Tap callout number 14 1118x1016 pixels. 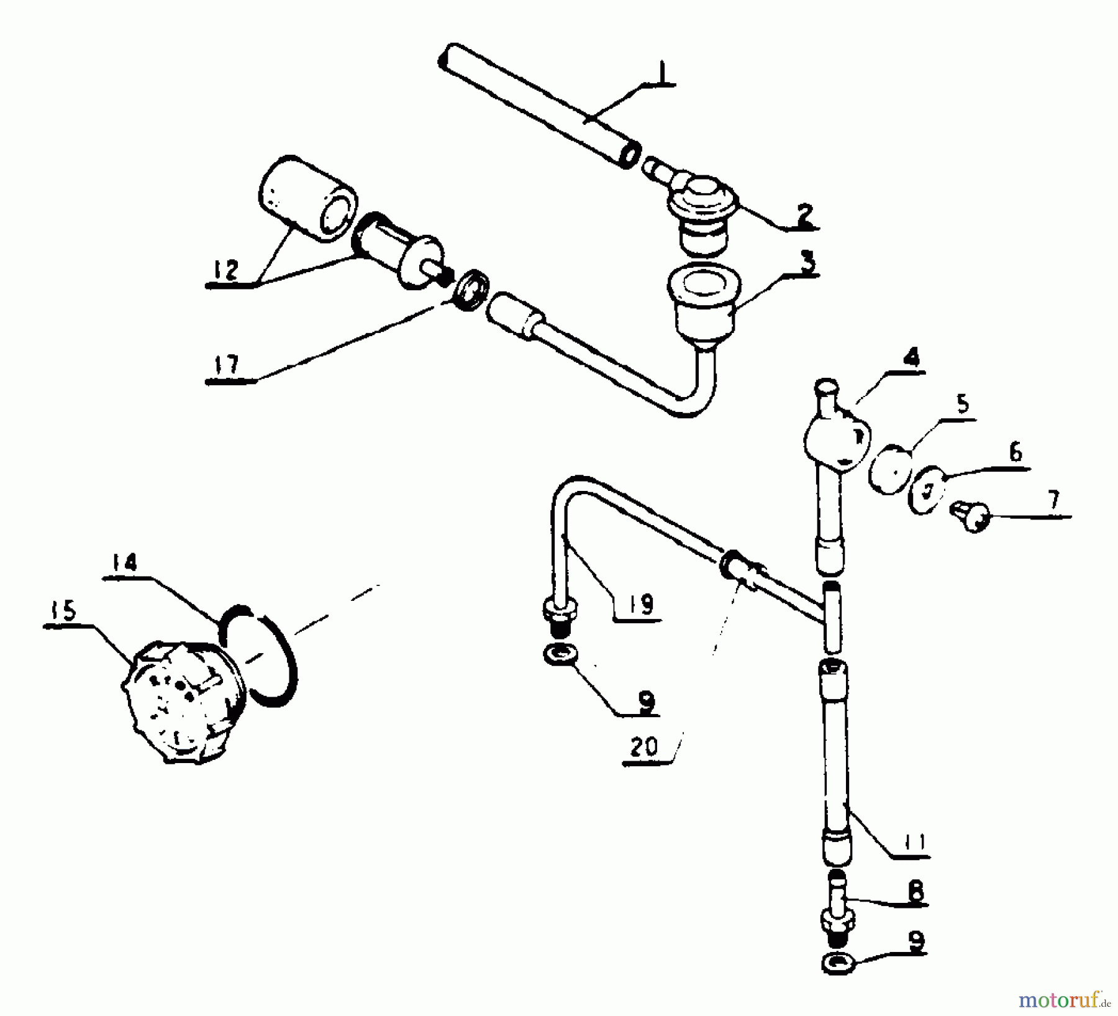coord(124,562)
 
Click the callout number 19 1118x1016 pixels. coord(640,603)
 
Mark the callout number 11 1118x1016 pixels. coord(913,842)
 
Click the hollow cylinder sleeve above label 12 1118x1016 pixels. coord(307,199)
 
